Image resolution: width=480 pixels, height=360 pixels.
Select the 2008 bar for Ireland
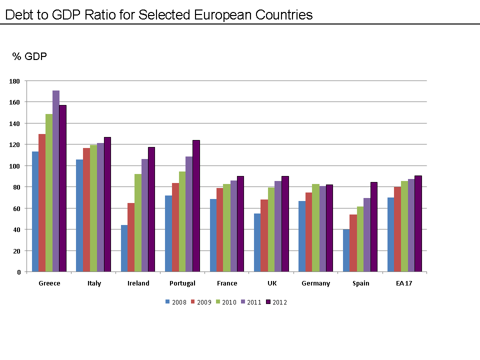tap(124, 248)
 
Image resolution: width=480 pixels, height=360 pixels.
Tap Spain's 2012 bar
tap(374, 227)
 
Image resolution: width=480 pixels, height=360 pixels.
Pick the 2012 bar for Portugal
tap(196, 206)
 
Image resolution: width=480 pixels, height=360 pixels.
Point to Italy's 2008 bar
tap(79, 215)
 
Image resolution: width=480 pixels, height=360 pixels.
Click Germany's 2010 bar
tap(315, 228)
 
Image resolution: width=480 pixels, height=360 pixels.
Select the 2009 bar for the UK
tap(264, 235)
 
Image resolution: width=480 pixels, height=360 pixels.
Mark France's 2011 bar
tap(233, 226)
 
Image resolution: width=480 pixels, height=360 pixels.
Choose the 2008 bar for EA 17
tap(391, 234)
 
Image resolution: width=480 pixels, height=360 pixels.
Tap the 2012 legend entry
tap(276, 302)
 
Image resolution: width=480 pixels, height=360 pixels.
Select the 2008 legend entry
tap(175, 302)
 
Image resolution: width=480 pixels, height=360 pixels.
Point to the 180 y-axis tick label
tap(15, 81)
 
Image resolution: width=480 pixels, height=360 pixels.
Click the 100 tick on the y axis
tap(15, 166)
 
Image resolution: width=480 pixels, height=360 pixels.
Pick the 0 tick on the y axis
tap(18, 272)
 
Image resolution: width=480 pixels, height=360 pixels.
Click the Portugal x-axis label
tap(182, 283)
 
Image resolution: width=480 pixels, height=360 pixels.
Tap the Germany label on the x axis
tap(316, 283)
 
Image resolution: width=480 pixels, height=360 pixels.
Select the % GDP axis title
tap(29, 56)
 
